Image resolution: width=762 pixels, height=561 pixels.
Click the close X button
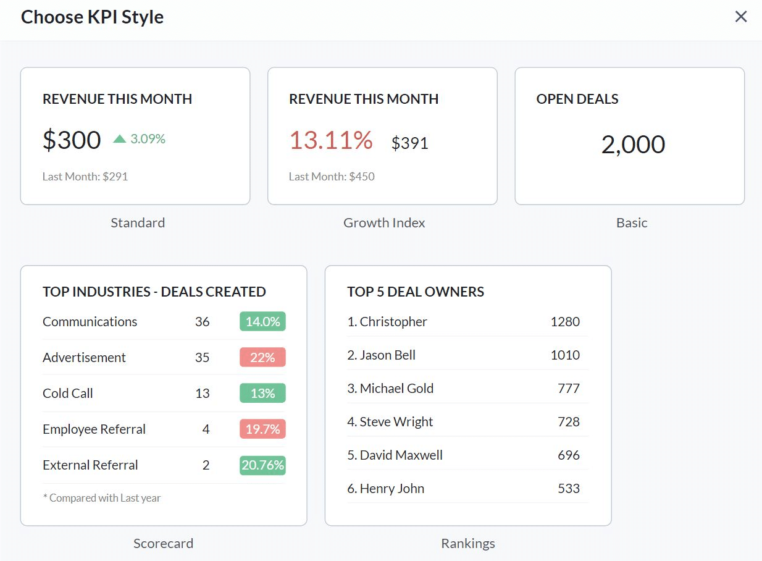click(x=741, y=17)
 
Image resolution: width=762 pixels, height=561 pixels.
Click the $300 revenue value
click(x=72, y=140)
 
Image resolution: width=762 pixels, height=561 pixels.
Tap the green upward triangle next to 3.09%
click(x=120, y=139)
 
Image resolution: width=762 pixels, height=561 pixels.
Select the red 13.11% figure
click(x=331, y=140)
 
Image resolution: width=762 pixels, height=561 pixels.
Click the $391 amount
click(x=410, y=143)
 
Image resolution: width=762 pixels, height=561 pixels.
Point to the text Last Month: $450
click(x=332, y=177)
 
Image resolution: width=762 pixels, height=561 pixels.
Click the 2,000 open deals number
click(x=633, y=145)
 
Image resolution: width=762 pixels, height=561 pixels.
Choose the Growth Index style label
click(x=384, y=223)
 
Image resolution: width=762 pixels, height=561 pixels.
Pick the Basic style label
click(x=632, y=223)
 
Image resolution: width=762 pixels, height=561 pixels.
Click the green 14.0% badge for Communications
click(x=262, y=322)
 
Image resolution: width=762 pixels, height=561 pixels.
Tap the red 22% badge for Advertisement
click(x=262, y=358)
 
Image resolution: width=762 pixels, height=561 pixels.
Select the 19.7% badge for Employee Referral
click(x=262, y=429)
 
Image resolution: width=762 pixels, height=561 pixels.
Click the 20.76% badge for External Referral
click(x=262, y=465)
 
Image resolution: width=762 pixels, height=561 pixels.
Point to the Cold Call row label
click(x=68, y=394)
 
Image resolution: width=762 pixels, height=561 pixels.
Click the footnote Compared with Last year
click(x=102, y=498)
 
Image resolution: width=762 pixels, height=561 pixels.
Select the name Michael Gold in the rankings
click(x=396, y=389)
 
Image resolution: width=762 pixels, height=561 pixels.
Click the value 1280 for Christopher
click(x=565, y=322)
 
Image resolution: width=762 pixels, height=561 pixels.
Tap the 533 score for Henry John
click(x=569, y=489)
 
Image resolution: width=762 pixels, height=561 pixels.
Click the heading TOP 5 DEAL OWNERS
click(x=416, y=292)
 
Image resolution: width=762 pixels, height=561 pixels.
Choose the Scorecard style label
click(x=163, y=544)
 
